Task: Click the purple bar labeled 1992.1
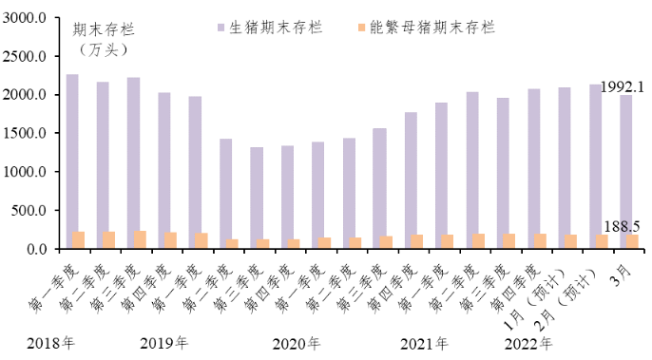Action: point(625,172)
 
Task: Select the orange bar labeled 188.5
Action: point(632,242)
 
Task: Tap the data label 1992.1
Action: point(624,86)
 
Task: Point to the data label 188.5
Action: point(622,225)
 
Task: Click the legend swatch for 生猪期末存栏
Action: point(221,28)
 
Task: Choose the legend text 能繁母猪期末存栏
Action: point(448,28)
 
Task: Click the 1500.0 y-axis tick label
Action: point(26,134)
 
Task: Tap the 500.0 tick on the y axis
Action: point(29,211)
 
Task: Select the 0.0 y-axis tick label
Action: point(35,249)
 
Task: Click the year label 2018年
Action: point(50,343)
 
